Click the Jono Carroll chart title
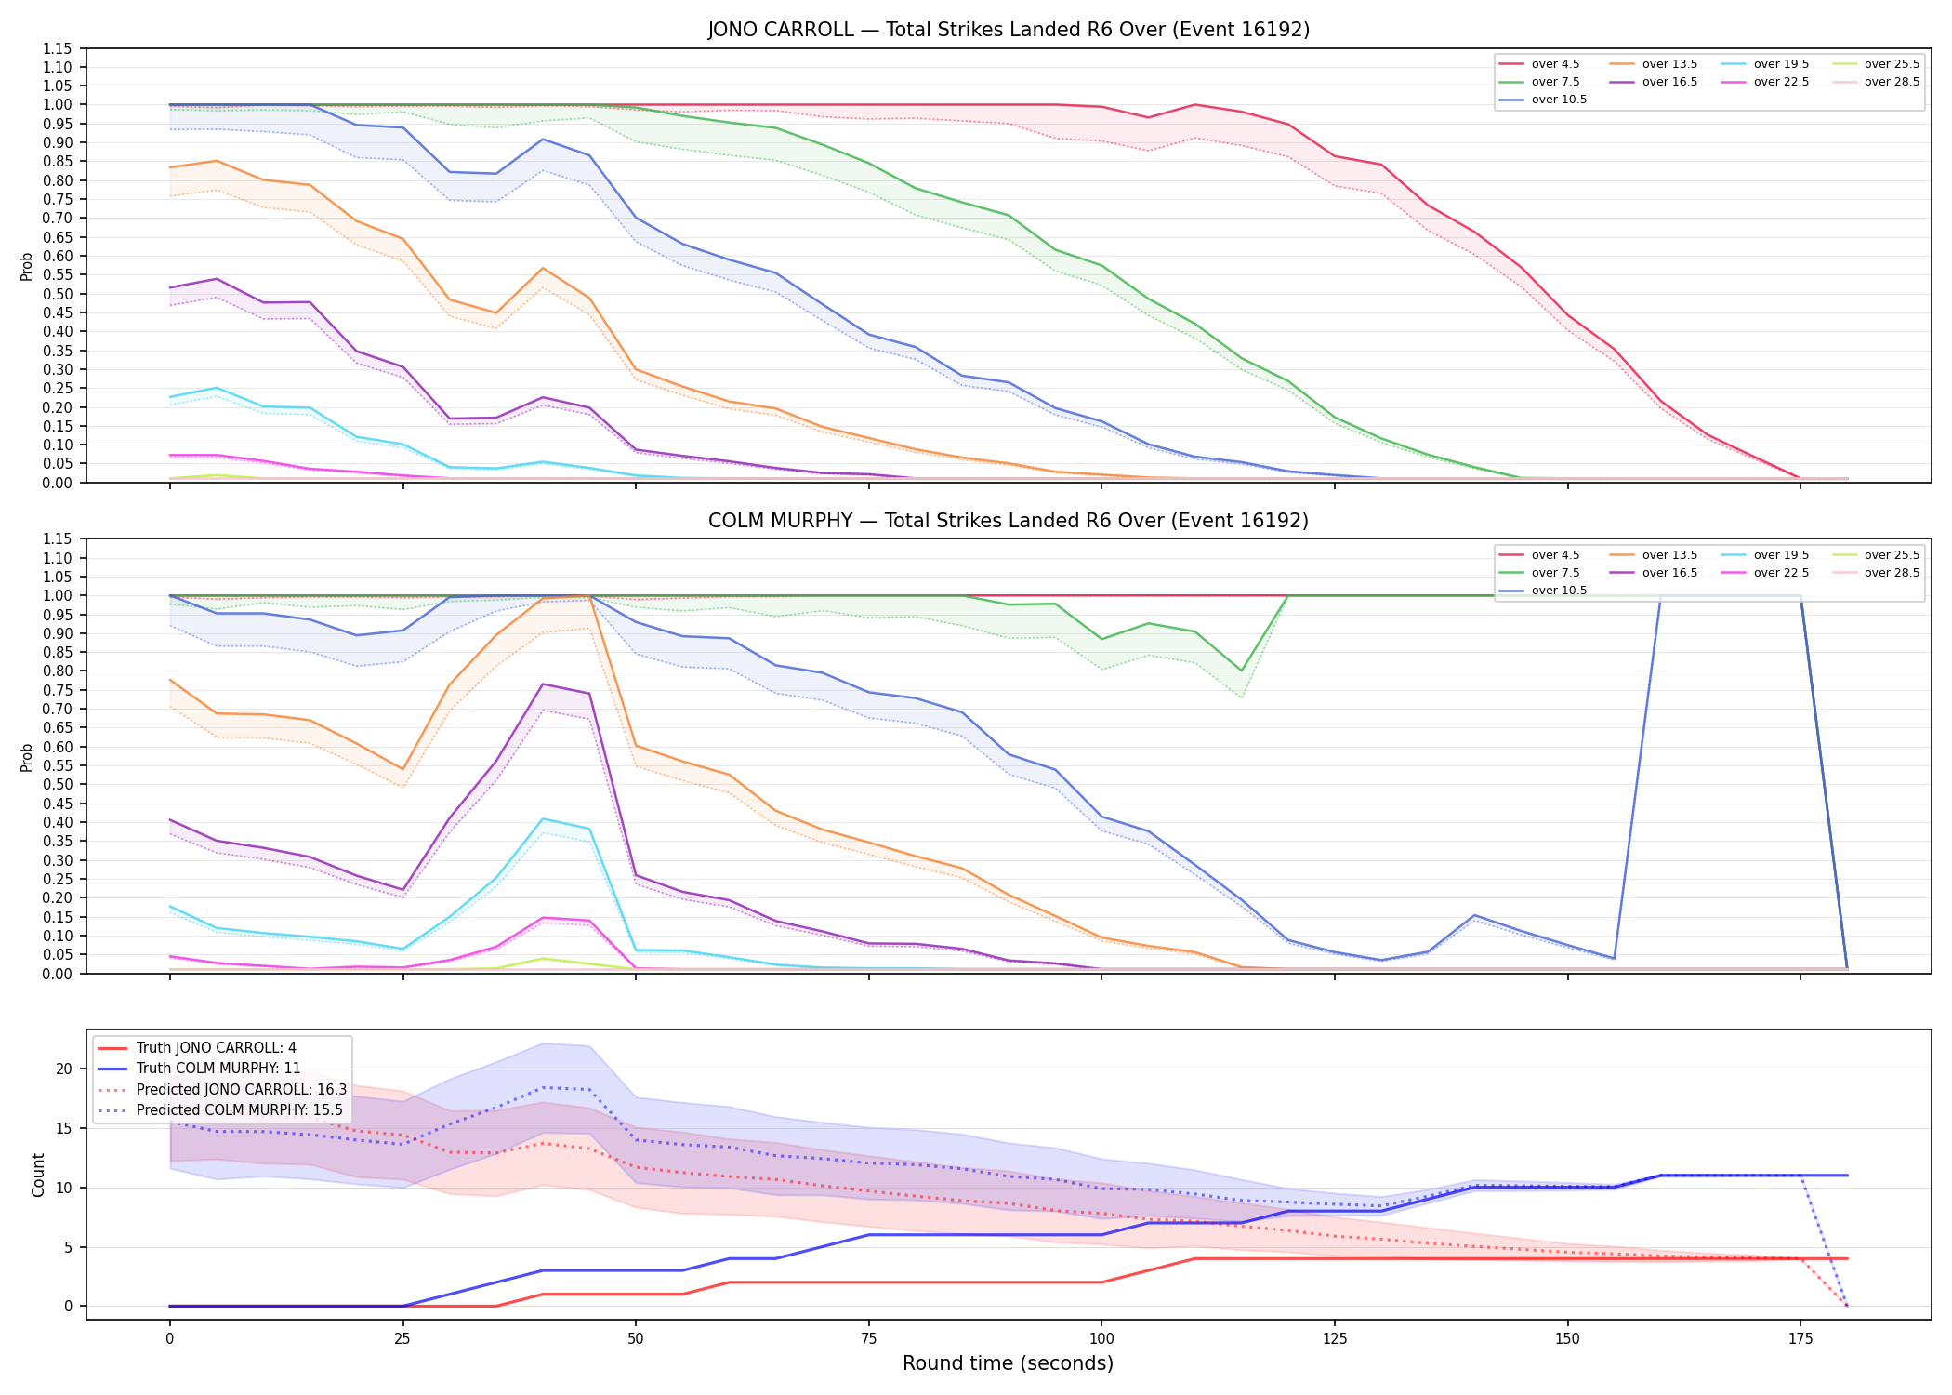pos(1009,30)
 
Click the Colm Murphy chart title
pos(1009,521)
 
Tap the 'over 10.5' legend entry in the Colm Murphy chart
pos(1543,591)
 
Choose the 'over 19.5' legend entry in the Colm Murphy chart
pos(1765,555)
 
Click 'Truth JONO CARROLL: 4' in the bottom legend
pos(197,1048)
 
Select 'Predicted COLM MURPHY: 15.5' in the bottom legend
pos(220,1110)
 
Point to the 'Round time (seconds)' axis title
pos(1009,1363)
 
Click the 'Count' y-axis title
pos(38,1175)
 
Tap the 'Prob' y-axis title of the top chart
pos(27,266)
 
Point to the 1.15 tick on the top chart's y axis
pos(57,48)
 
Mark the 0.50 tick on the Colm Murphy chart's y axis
pos(57,784)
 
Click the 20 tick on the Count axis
pos(64,1069)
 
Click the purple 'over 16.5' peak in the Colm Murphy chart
pos(543,684)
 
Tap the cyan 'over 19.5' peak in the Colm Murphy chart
pos(543,818)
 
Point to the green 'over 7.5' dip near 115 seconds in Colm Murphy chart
pos(1241,671)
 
